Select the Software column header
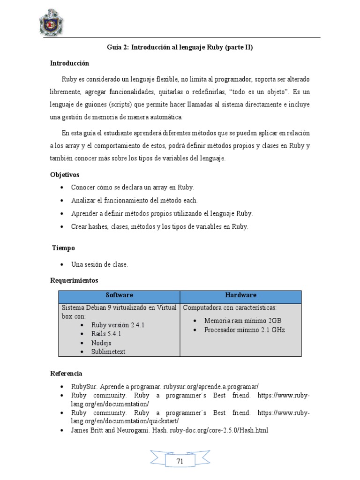point(119,295)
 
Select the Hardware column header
point(240,295)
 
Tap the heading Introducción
point(69,63)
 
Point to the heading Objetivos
point(65,175)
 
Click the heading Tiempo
point(63,248)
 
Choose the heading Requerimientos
point(74,280)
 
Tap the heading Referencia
point(66,374)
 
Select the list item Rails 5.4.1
point(106,334)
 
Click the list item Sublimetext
point(108,352)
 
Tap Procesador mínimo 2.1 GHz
point(244,330)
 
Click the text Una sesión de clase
point(99,264)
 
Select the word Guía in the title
point(114,47)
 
